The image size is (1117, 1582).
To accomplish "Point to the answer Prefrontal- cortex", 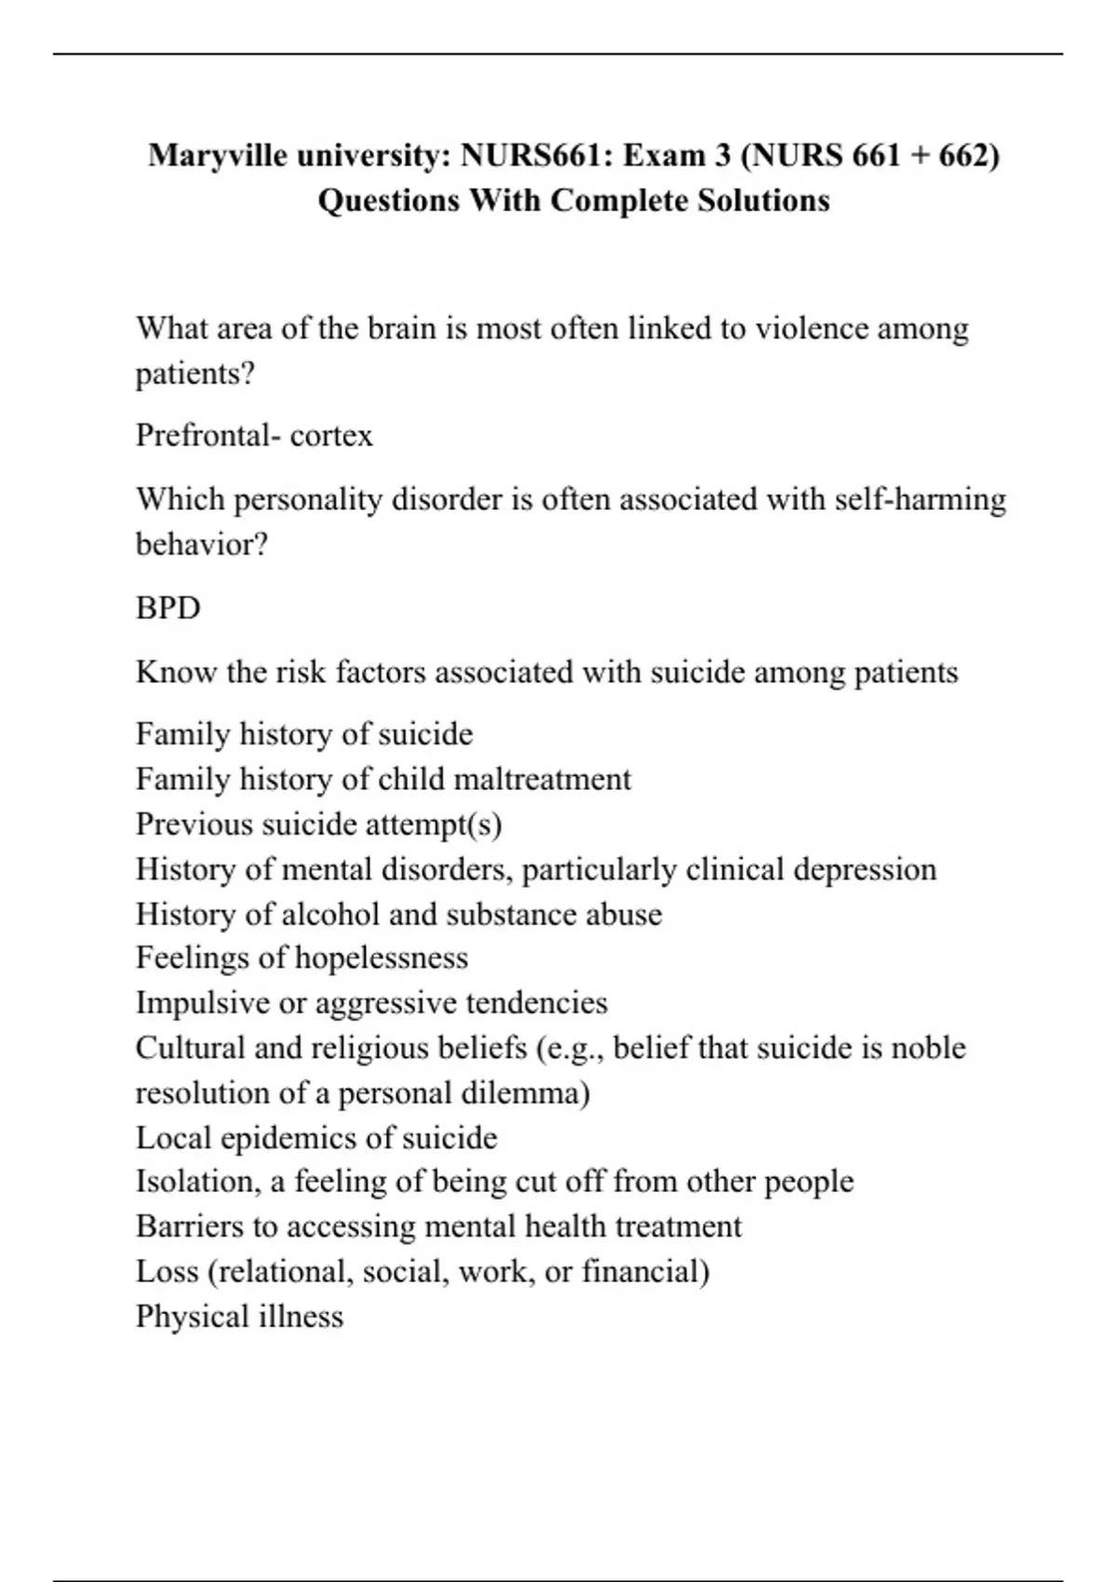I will pyautogui.click(x=254, y=436).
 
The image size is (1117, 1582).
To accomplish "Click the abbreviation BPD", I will pyautogui.click(x=168, y=608).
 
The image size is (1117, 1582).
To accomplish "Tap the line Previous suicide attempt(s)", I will pyautogui.click(x=318, y=824).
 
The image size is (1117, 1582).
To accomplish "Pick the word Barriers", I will pyautogui.click(x=194, y=1227).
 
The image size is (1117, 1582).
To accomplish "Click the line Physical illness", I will pyautogui.click(x=239, y=1316).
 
